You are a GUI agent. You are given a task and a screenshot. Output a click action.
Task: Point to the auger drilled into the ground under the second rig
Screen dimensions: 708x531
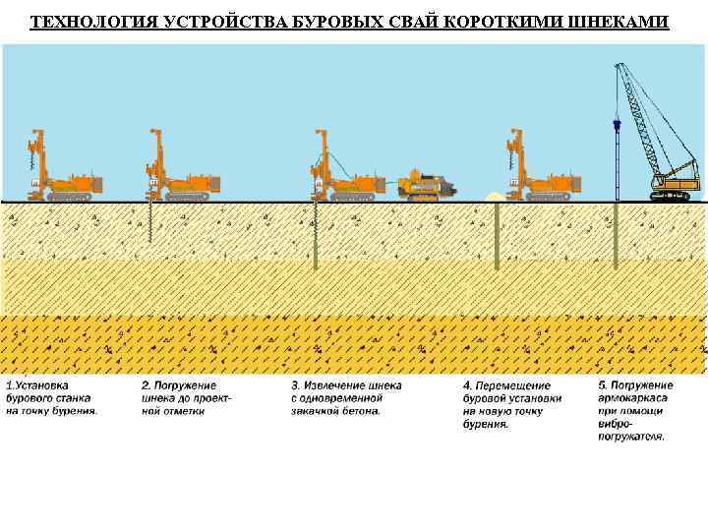click(x=150, y=221)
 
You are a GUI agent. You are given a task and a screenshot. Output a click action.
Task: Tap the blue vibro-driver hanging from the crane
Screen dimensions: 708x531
click(x=617, y=128)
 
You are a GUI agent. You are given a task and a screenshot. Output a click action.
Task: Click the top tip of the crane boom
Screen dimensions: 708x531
click(x=619, y=67)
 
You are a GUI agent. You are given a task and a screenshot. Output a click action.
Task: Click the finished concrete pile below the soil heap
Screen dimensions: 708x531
click(x=498, y=236)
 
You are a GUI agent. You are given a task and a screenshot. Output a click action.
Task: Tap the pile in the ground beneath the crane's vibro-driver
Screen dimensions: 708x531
click(x=617, y=236)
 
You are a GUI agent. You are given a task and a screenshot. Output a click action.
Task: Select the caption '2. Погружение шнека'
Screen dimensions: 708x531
click(x=187, y=398)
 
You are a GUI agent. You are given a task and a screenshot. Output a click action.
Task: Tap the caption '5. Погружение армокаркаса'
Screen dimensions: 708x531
click(x=635, y=410)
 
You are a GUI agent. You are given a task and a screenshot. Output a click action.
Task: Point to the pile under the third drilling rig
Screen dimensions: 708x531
click(x=316, y=236)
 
